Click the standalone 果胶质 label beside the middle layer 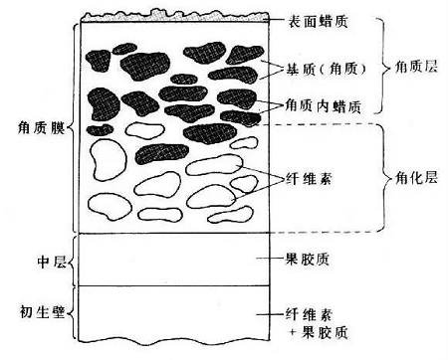point(309,261)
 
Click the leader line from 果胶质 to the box point(271,261)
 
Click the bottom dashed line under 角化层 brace point(329,232)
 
